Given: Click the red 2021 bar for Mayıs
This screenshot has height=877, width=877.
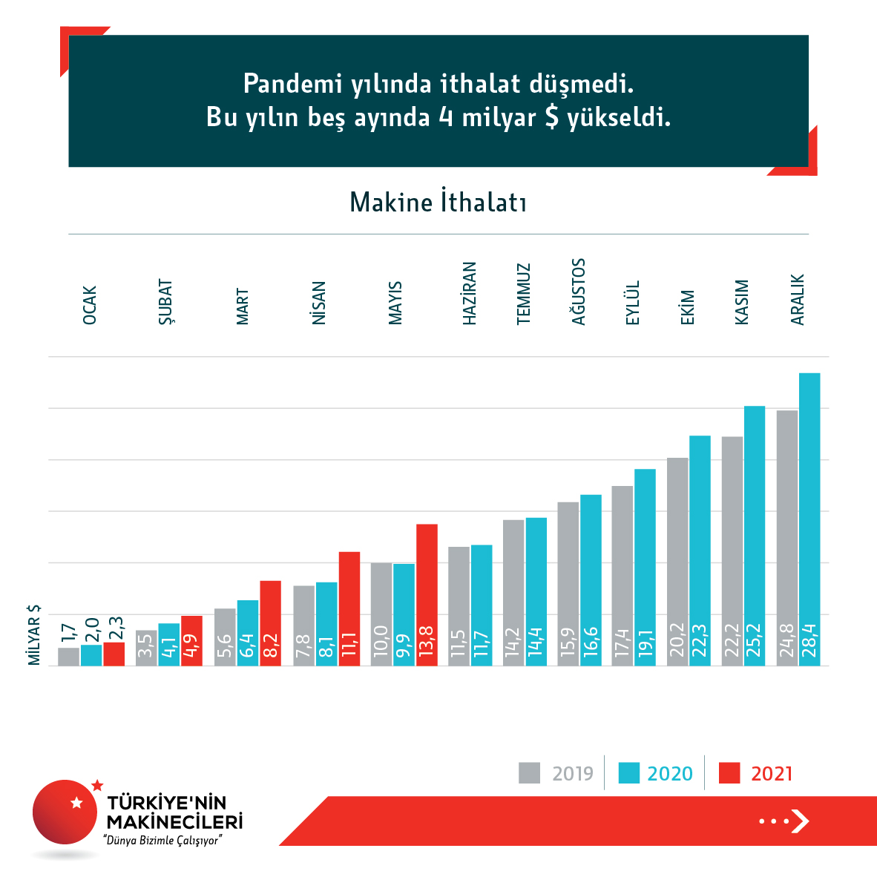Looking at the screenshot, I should [427, 594].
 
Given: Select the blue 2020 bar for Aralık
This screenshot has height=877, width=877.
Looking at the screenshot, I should [809, 519].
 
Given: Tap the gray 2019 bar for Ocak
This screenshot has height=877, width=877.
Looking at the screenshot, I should [68, 656].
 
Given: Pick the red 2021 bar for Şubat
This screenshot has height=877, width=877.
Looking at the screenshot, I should [191, 640].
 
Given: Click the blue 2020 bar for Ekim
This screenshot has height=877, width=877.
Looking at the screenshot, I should [700, 549].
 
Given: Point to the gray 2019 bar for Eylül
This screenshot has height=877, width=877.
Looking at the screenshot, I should [623, 575].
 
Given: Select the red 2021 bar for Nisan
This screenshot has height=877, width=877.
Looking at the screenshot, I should [349, 608].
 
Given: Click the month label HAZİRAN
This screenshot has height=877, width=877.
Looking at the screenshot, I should [469, 293].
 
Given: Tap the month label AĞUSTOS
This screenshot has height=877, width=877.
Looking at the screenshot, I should [579, 292].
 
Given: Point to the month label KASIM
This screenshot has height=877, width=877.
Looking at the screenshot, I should [742, 302].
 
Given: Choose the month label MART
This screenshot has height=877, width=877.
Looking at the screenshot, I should [243, 306].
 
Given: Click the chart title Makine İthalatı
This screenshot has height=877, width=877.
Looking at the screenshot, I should [438, 203].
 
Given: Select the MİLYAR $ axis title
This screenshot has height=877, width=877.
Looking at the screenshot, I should [34, 634].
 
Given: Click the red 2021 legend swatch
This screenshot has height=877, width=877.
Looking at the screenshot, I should [730, 773].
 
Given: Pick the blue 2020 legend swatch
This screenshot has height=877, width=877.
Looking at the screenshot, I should [628, 773].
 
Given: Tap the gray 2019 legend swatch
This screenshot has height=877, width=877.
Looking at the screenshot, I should [529, 773].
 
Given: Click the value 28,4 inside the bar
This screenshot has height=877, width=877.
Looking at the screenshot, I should [809, 640].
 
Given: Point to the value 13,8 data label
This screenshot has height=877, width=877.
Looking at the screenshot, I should [427, 640].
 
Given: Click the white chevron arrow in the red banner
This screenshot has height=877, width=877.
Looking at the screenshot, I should [799, 821].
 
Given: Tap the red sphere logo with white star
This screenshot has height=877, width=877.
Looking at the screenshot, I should [65, 812].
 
